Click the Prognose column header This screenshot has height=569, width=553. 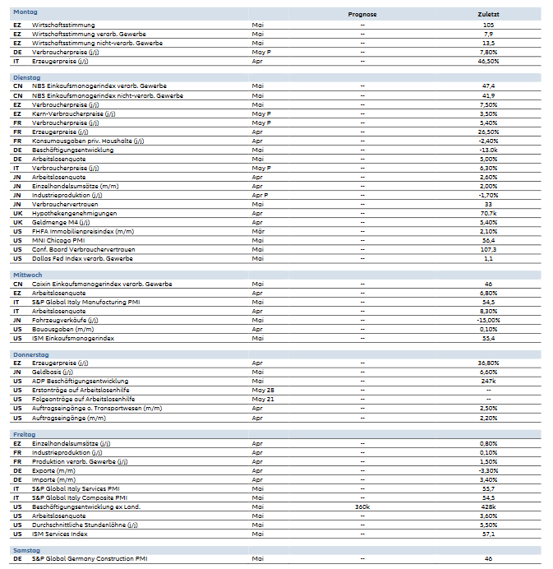click(362, 15)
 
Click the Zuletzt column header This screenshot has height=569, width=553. click(488, 15)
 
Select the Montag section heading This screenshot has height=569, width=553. click(25, 13)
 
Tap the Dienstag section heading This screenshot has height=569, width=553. click(27, 76)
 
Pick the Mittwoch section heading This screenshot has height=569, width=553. click(28, 275)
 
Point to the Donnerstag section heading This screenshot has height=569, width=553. click(31, 354)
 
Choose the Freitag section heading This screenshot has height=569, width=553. click(25, 433)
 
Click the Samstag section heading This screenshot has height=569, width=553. click(27, 548)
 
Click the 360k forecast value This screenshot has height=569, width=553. click(362, 507)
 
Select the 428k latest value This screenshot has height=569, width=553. click(488, 507)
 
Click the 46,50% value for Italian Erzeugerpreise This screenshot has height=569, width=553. click(488, 61)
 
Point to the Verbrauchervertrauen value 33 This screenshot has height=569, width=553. click(488, 204)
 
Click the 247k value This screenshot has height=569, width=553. click(488, 381)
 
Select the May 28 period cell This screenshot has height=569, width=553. click(262, 390)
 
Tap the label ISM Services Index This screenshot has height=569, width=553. click(59, 534)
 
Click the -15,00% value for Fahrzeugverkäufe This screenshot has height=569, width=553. click(488, 320)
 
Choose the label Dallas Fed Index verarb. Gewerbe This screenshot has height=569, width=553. click(82, 258)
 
